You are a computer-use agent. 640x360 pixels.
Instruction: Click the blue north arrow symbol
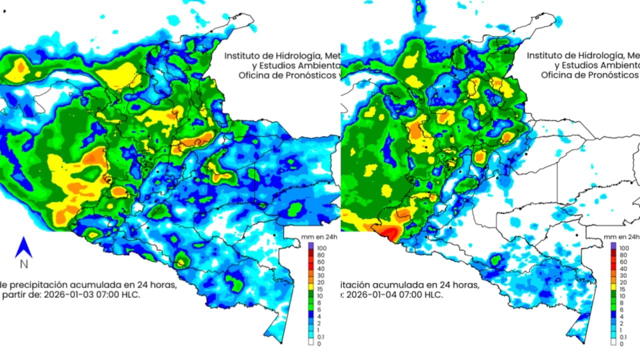23,247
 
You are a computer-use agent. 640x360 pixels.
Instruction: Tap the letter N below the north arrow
23,264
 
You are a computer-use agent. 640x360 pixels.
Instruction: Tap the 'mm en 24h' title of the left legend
319,237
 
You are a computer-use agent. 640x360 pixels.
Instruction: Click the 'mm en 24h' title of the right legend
622,237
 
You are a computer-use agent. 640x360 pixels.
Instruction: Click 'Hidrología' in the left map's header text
296,55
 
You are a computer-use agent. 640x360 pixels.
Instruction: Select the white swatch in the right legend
613,342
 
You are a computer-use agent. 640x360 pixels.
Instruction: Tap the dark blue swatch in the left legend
310,316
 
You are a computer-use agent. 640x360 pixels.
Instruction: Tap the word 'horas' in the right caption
465,285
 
